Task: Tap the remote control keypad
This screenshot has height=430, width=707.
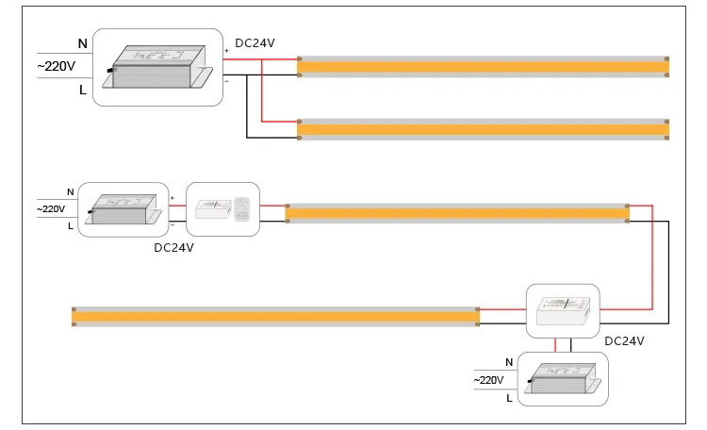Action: pyautogui.click(x=243, y=208)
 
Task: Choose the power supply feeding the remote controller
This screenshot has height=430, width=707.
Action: pyautogui.click(x=123, y=208)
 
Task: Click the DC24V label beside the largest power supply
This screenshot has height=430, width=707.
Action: pyautogui.click(x=255, y=43)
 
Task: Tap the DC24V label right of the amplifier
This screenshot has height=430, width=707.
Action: pyautogui.click(x=624, y=340)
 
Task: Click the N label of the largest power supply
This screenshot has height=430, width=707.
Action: pyautogui.click(x=82, y=43)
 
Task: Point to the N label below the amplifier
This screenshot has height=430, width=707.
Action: pyautogui.click(x=509, y=362)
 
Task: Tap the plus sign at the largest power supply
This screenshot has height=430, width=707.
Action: pyautogui.click(x=226, y=50)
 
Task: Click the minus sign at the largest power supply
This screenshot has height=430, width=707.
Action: pyautogui.click(x=226, y=81)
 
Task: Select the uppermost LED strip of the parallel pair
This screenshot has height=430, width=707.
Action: pyautogui.click(x=483, y=65)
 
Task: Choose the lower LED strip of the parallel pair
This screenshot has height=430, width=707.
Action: pyautogui.click(x=483, y=129)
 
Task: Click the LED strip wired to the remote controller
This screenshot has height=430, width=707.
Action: pyautogui.click(x=457, y=213)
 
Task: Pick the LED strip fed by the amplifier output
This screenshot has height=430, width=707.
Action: pyautogui.click(x=275, y=316)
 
